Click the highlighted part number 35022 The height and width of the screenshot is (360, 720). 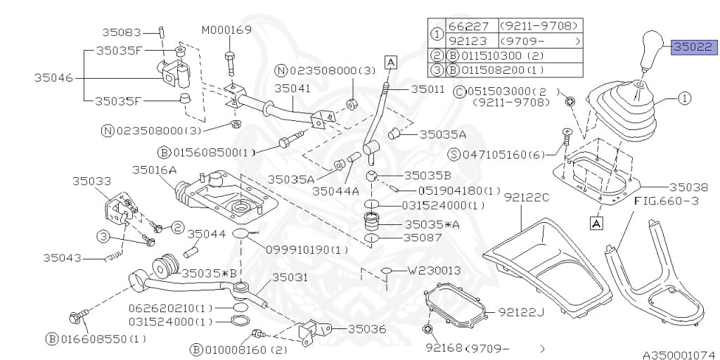pos(694,47)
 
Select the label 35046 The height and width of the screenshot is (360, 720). pos(53,78)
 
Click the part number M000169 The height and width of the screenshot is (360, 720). pos(226,30)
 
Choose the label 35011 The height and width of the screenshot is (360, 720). pos(427,90)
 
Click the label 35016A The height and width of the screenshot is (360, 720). pos(154,169)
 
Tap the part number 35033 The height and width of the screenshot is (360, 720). pos(91,181)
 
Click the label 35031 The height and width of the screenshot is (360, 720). pos(290,278)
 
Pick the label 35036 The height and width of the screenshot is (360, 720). pos(366,328)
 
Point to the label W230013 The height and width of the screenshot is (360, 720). pos(435,270)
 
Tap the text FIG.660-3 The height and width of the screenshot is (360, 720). pos(665,201)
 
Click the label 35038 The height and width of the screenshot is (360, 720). pos(688,187)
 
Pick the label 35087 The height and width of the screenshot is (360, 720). pos(423,238)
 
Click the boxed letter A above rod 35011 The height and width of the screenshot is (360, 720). pos(390,62)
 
